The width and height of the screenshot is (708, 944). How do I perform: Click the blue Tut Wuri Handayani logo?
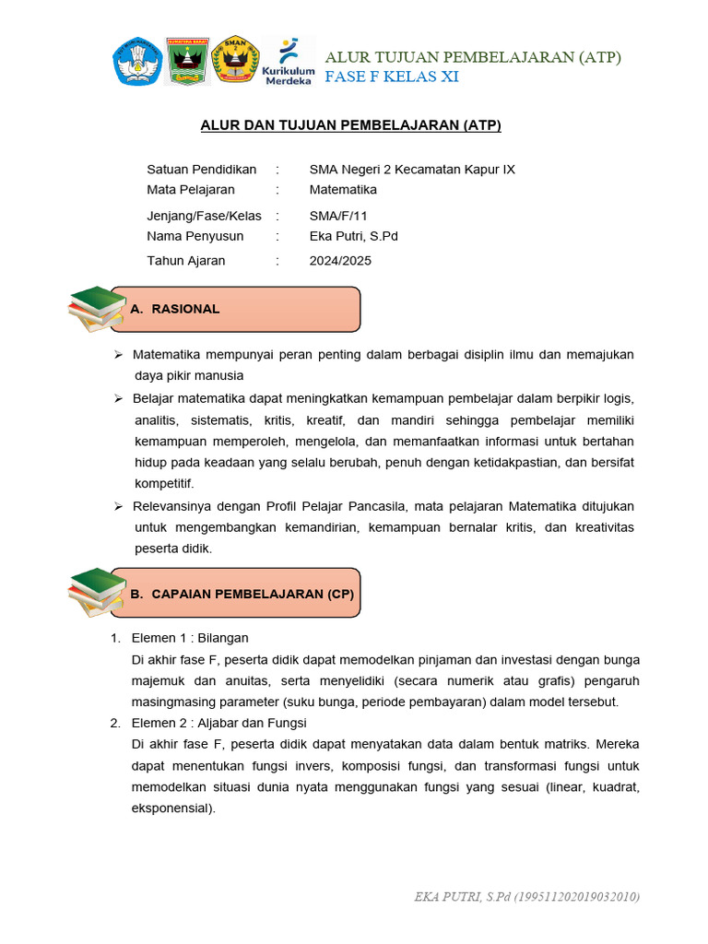137,61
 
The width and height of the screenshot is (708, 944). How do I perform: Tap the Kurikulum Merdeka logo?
289,61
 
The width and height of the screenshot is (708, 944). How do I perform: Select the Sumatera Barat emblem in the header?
187,61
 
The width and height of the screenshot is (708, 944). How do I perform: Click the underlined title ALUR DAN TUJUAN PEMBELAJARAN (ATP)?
351,126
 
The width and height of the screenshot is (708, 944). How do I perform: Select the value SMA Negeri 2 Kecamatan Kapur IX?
412,170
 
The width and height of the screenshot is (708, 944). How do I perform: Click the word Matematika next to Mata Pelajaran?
343,190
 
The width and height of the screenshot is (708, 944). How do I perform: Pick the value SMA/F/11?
338,217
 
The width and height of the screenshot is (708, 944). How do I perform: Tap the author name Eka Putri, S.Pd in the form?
353,236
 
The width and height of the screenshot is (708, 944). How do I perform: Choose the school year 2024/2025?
340,261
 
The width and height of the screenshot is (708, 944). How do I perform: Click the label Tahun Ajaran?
186,261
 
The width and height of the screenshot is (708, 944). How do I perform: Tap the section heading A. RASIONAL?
176,309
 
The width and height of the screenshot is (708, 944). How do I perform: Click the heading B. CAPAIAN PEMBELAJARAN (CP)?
242,595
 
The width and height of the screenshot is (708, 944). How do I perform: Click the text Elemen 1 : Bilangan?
190,638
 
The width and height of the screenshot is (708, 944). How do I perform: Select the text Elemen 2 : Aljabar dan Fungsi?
219,723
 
